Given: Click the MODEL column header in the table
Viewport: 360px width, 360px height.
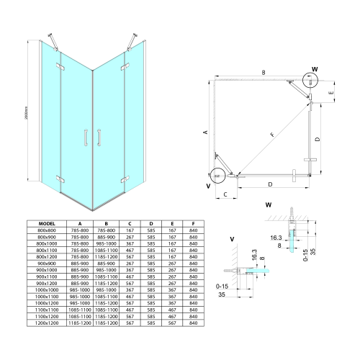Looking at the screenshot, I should click(46, 224).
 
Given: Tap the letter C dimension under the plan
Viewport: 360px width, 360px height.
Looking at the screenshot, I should click(225, 194).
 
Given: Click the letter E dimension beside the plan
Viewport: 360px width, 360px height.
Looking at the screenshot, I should click(330, 93).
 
